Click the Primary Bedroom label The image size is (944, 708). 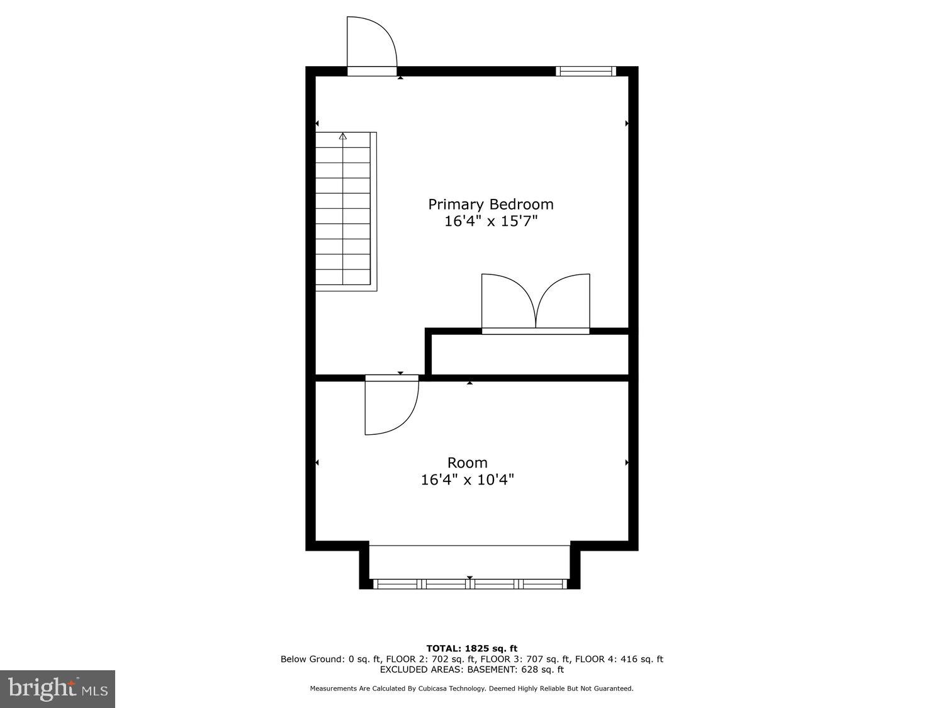tap(491, 204)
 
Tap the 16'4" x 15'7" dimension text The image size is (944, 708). tap(491, 222)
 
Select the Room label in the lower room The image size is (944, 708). tap(467, 463)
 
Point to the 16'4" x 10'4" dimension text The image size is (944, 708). tap(467, 480)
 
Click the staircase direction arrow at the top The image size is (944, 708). tap(343, 136)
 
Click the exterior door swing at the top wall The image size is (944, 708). tap(371, 43)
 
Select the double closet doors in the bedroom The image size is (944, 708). tap(536, 302)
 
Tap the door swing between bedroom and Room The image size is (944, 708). tap(390, 406)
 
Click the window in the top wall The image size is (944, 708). tap(586, 71)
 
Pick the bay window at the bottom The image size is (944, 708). tap(469, 584)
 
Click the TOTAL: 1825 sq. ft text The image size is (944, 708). tap(471, 648)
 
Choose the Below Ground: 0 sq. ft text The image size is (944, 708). tap(330, 660)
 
